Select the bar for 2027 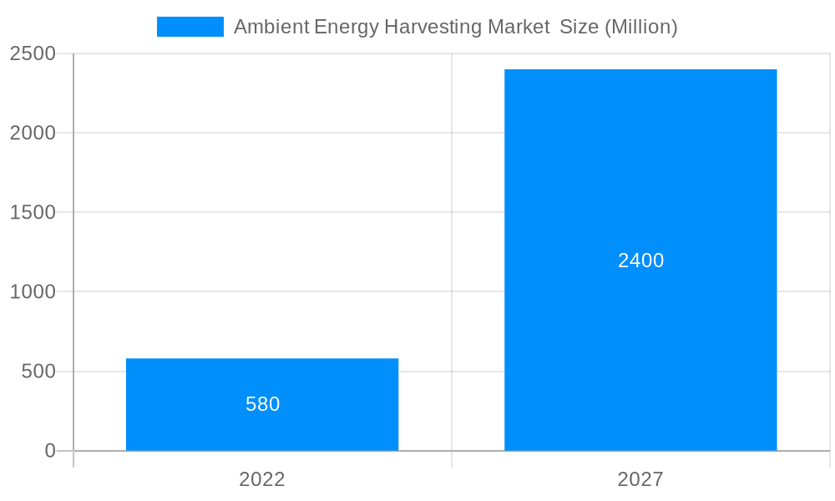pyautogui.click(x=640, y=334)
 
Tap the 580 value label pyautogui.click(x=262, y=404)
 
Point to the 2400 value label pyautogui.click(x=640, y=261)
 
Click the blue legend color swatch pyautogui.click(x=190, y=27)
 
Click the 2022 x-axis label pyautogui.click(x=262, y=479)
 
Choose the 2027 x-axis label pyautogui.click(x=640, y=479)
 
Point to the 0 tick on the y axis pyautogui.click(x=49, y=451)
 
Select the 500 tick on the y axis pyautogui.click(x=38, y=371)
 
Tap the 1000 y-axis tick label pyautogui.click(x=33, y=291)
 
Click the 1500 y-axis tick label pyautogui.click(x=33, y=212)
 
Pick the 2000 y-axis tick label pyautogui.click(x=33, y=133)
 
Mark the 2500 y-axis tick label pyautogui.click(x=33, y=53)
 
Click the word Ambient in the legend pyautogui.click(x=271, y=27)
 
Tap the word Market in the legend pyautogui.click(x=513, y=27)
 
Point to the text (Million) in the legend pyautogui.click(x=640, y=27)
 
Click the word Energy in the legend pyautogui.click(x=346, y=27)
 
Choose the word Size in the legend pyautogui.click(x=578, y=27)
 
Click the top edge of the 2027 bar pyautogui.click(x=640, y=70)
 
